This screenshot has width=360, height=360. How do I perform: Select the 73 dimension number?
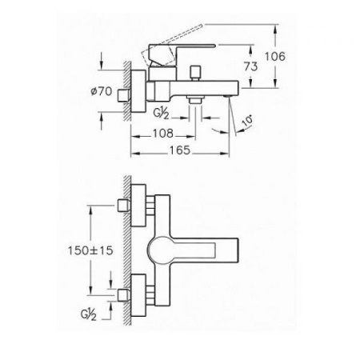251,67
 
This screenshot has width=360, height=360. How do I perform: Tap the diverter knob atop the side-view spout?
194,74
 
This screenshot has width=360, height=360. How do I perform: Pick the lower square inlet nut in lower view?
123,294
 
